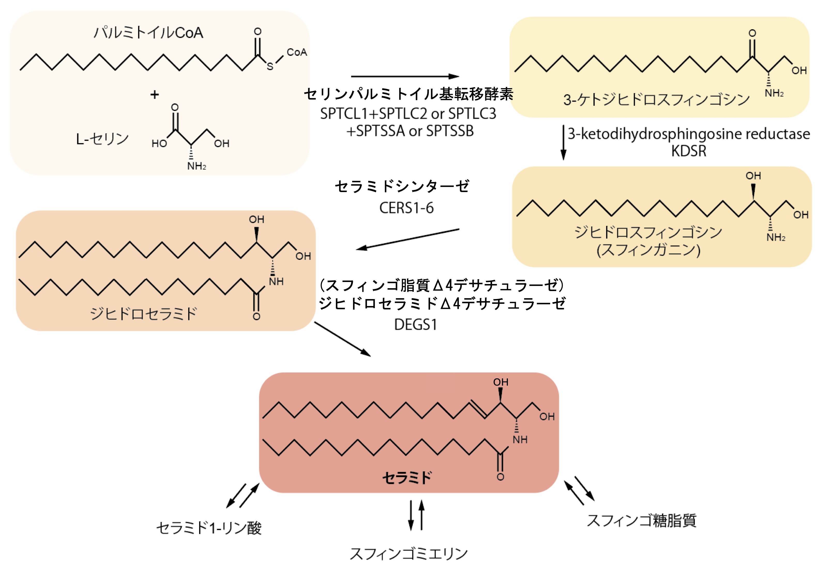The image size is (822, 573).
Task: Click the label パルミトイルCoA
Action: pos(148,33)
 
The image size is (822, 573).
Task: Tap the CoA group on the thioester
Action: pos(297,52)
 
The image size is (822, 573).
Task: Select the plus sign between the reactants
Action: pos(155,95)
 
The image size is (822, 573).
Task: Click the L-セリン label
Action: pos(102,139)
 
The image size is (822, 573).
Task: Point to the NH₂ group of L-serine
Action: pos(197,166)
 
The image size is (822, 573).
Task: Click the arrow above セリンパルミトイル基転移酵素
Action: pos(405,76)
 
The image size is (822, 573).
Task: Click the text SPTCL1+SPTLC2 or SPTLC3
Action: pos(408,114)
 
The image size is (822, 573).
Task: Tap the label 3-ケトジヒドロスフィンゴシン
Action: pos(656,100)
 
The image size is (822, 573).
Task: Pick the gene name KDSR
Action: pos(689,151)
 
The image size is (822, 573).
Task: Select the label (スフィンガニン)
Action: pos(648,250)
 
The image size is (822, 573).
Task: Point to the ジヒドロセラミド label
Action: pos(143,314)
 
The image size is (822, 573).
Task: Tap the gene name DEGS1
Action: pos(415,325)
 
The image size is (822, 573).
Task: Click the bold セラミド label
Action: pos(407,477)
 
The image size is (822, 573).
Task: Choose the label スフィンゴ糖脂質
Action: pos(642,520)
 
